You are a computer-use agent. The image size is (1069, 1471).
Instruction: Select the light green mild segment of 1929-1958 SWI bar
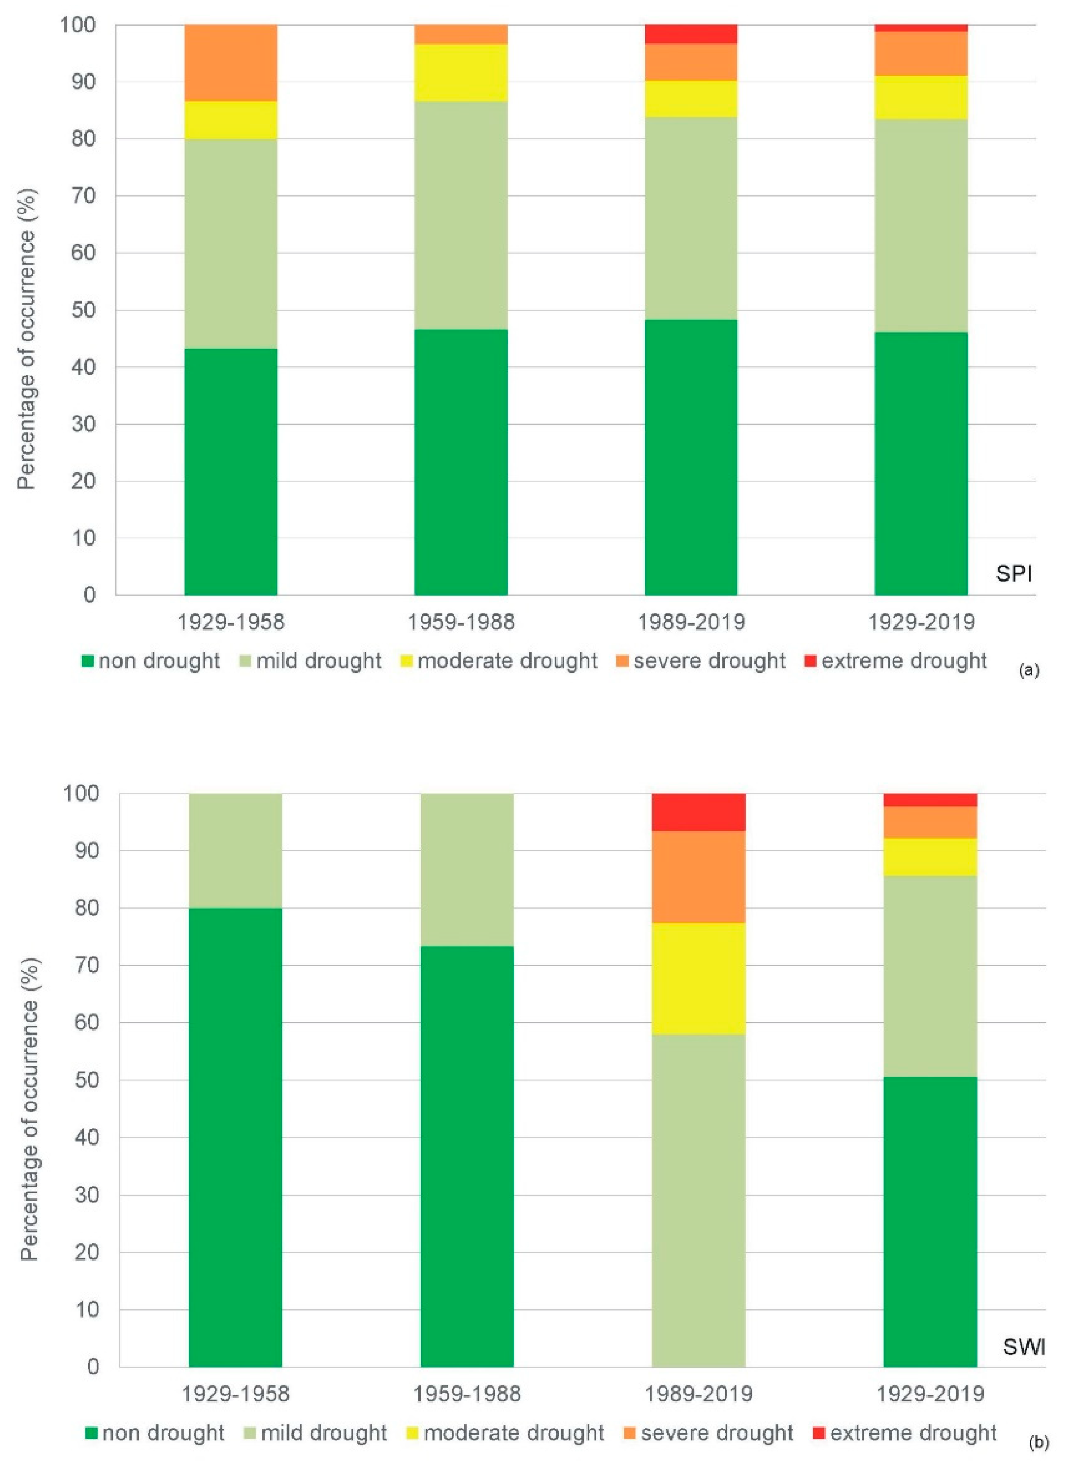(235, 850)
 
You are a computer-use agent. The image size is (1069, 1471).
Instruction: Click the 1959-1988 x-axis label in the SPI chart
(461, 622)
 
